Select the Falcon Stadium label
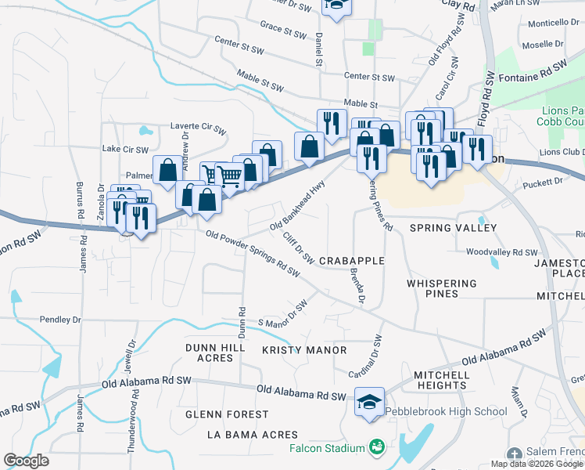[x=327, y=448]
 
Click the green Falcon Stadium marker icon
[x=377, y=447]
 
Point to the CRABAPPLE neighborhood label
[x=352, y=260]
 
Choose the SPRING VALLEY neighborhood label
[x=454, y=228]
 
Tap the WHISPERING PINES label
[x=442, y=288]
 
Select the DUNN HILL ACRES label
[x=209, y=352]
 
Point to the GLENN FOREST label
[x=227, y=414]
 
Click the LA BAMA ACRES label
[x=253, y=435]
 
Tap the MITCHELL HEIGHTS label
[x=441, y=380]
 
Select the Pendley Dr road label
[x=60, y=320]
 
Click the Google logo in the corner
[x=26, y=461]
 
